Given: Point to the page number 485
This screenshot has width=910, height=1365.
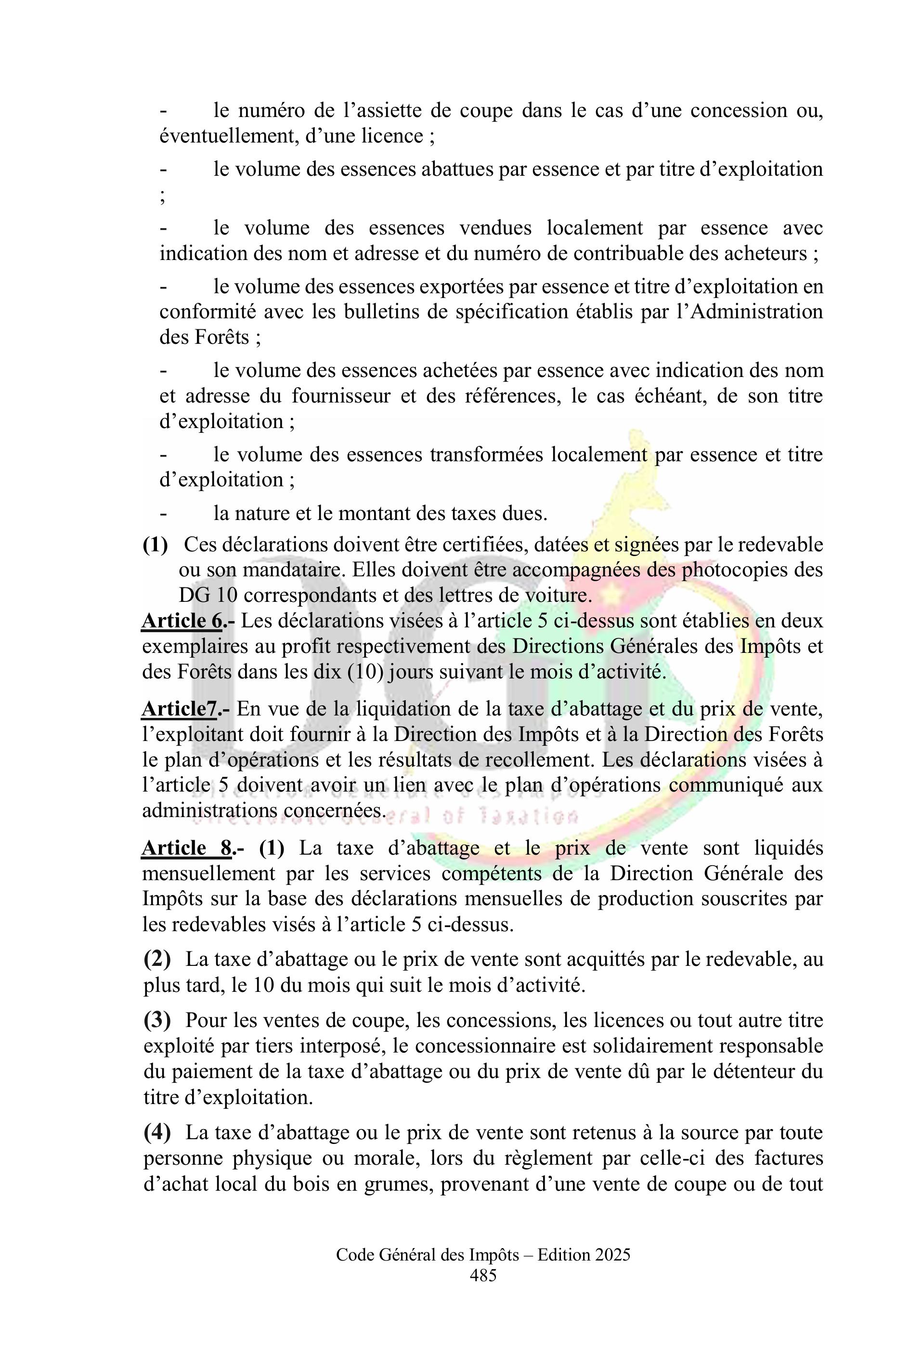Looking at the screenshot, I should click(483, 1275).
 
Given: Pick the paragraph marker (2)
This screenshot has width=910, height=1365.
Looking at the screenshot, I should click(157, 960).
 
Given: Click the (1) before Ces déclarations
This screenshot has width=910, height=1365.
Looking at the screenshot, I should click(156, 545).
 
